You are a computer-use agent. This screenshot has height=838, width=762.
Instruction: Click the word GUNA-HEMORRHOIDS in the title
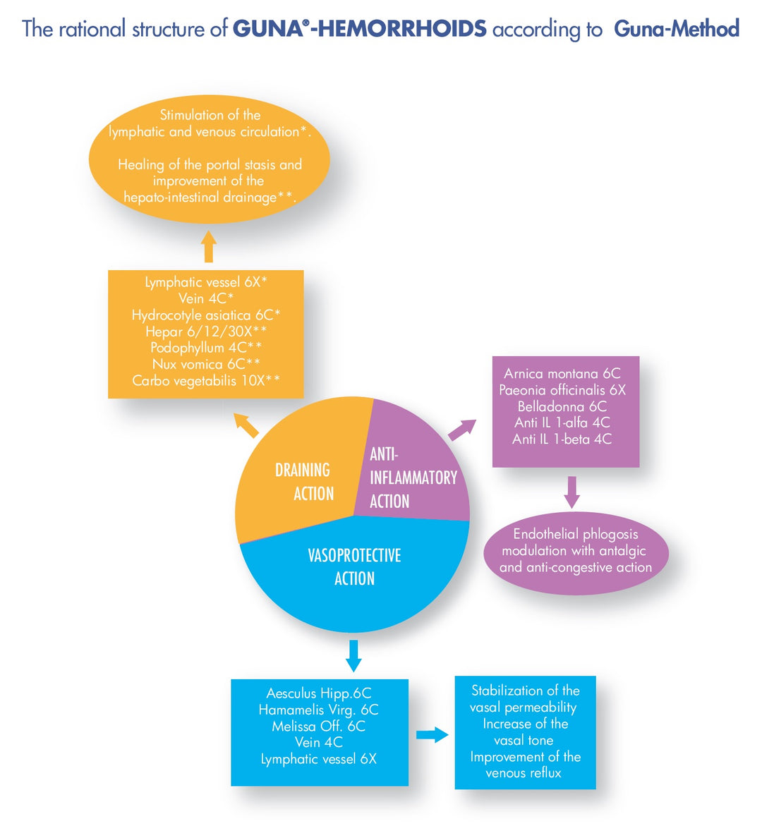tap(359, 29)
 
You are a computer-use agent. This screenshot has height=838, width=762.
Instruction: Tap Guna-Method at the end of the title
tap(676, 29)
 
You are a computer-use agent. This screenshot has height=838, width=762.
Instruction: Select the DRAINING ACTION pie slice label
tap(303, 482)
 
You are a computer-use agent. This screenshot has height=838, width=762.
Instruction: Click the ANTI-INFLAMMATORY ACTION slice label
tap(413, 478)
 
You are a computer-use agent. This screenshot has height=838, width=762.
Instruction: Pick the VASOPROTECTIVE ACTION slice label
tap(354, 566)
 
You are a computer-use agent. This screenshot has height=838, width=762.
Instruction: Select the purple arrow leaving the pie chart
tap(462, 429)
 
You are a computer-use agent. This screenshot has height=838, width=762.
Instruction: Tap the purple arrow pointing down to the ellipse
tap(571, 491)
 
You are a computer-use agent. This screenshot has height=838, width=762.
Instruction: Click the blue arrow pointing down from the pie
tap(354, 655)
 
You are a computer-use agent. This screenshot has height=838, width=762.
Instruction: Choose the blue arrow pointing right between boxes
tap(432, 735)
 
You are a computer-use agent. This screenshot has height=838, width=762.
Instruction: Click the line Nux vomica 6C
tap(206, 364)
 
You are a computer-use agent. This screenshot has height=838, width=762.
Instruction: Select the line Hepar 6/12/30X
tap(206, 332)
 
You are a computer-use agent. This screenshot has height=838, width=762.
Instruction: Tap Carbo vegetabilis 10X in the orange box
tap(206, 381)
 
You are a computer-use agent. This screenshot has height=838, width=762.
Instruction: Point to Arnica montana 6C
tap(562, 374)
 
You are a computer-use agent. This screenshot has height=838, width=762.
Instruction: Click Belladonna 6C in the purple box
tap(562, 406)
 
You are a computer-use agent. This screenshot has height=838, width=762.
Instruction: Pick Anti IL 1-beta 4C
tap(562, 439)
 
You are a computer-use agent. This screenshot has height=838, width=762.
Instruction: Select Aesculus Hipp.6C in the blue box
tap(319, 693)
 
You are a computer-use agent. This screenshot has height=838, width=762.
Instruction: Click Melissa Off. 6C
tap(319, 726)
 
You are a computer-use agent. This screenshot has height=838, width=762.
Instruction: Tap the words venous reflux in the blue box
tap(524, 773)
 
